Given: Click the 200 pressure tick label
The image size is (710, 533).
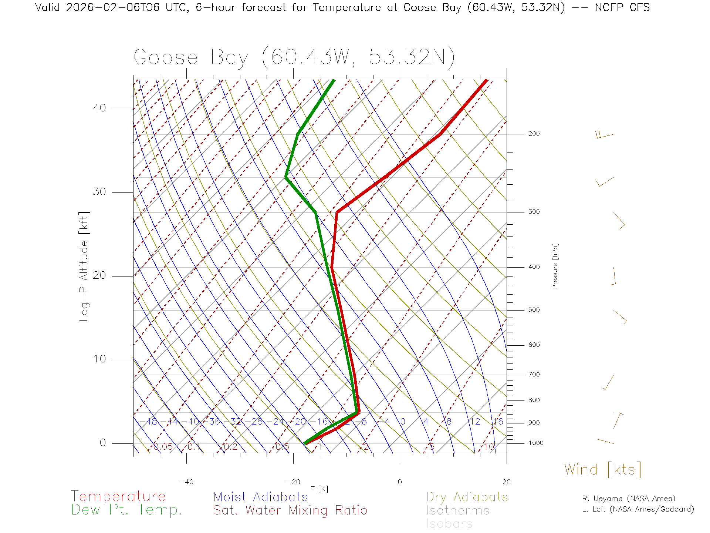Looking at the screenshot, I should pos(534,134).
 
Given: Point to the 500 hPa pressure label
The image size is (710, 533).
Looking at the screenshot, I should pos(534,310).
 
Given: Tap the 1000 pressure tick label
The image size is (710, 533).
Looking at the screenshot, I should pos(536,443).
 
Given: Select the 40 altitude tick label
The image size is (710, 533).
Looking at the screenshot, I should pos(99,108).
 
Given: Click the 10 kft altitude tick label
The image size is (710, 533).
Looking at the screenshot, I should pos(99,359).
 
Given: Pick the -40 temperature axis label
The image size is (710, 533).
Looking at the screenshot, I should pos(186,482).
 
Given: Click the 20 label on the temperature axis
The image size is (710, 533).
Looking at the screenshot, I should pos(506,482).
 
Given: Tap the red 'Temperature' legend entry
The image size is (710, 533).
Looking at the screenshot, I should pos(118,496).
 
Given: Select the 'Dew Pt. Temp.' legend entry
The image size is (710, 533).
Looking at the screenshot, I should pos(127,510).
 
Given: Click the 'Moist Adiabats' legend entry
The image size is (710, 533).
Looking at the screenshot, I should pos(260,497).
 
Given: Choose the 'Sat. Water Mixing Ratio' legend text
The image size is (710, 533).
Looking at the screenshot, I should pos(290,510).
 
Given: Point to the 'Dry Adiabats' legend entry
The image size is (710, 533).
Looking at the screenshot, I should pos(467,497).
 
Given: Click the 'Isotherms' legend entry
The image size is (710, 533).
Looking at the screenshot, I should pos(457,510).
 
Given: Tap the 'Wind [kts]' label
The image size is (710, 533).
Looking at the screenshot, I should pos(603,470).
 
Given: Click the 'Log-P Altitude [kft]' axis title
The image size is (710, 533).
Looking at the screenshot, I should pos(84,266).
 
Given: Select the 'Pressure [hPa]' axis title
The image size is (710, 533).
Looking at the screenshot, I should pos(555,266).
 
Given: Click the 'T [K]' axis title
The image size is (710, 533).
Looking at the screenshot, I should pos(319,489).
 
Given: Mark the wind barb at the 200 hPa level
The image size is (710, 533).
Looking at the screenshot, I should pos(604,134).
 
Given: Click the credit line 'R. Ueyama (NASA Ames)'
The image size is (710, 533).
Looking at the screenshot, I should pos(628,499).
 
